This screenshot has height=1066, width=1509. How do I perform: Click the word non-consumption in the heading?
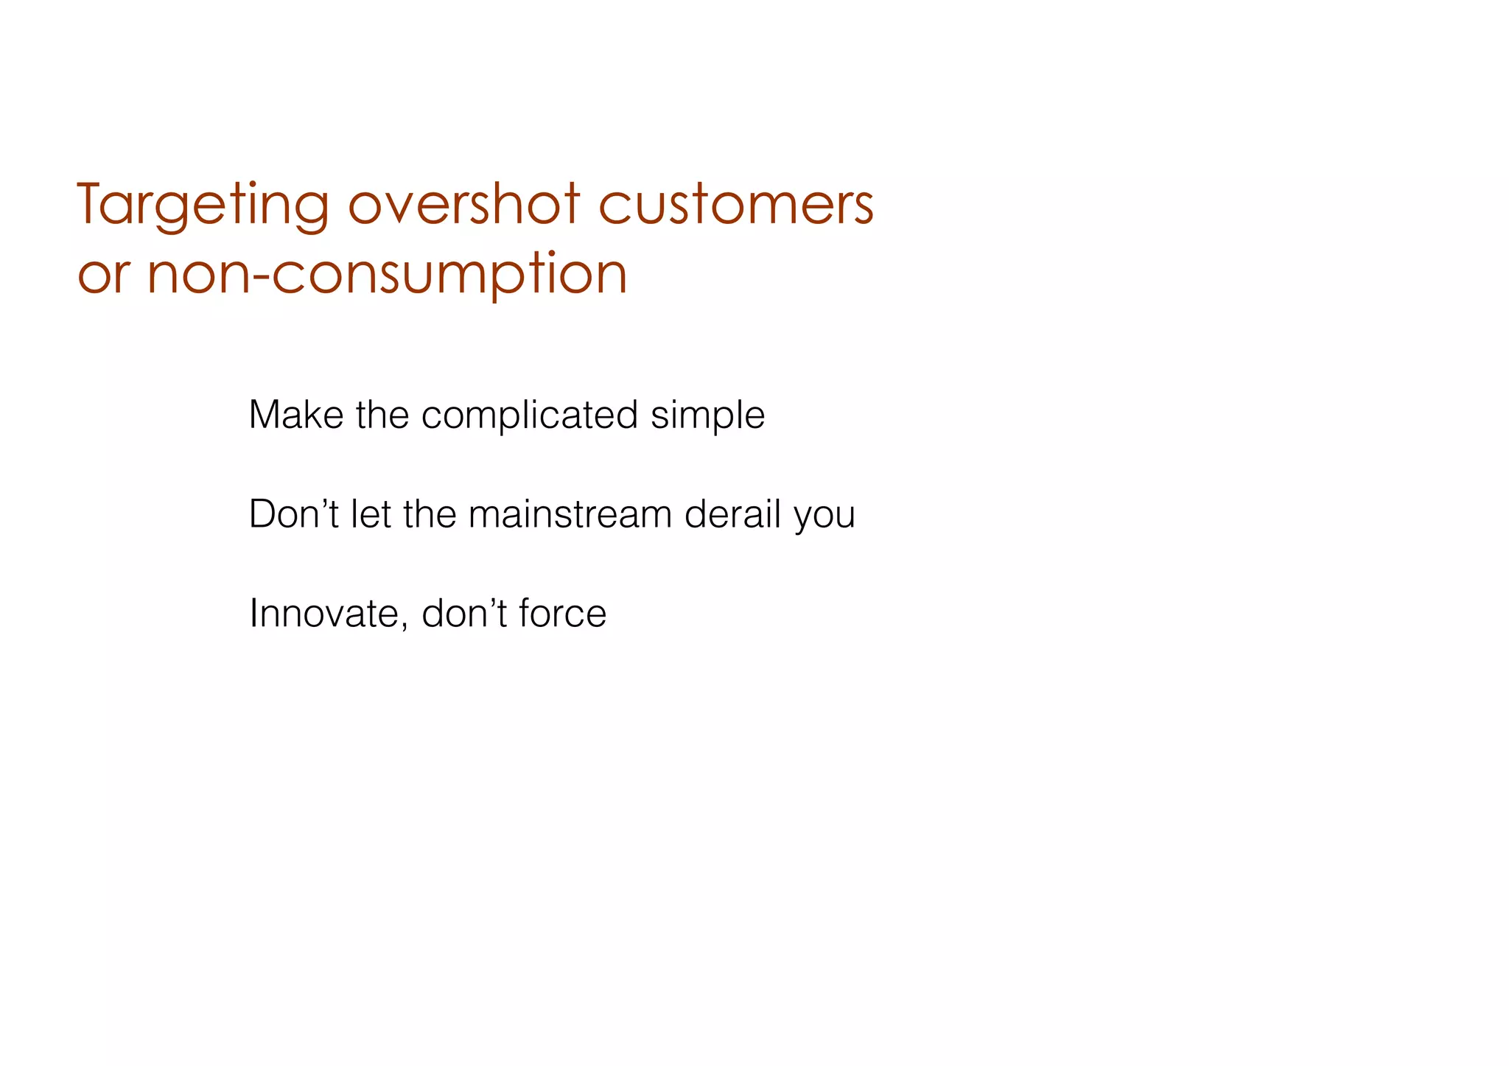click(387, 274)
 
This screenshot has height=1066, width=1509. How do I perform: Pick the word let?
click(371, 514)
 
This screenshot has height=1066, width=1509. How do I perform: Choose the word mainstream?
click(570, 514)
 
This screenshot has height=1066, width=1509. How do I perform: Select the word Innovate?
click(324, 614)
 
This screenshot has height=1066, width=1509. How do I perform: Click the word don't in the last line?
click(463, 614)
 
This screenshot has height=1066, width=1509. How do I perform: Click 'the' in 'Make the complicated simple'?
click(382, 415)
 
